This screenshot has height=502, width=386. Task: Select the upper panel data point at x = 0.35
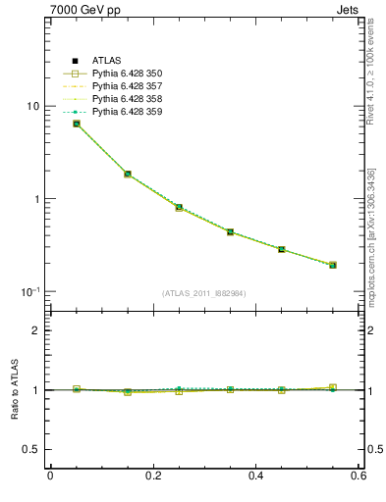pyautogui.click(x=230, y=232)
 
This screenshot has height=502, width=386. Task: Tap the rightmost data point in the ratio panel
pyautogui.click(x=333, y=388)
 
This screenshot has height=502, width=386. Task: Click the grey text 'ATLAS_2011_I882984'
pyautogui.click(x=204, y=293)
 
